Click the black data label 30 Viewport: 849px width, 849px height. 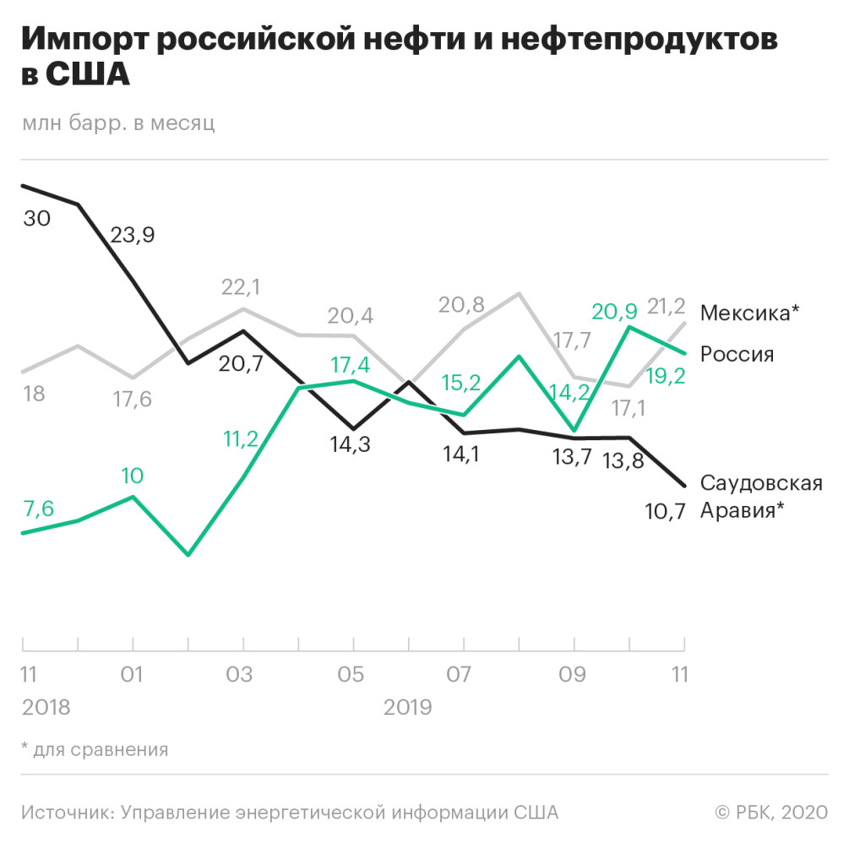tap(37, 219)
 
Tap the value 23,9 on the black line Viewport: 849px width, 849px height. tap(133, 236)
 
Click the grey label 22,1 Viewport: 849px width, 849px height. tap(241, 288)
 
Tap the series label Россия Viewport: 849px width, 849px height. tap(737, 354)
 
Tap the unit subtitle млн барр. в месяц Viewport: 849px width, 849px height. tap(118, 123)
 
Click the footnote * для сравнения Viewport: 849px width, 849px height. tap(95, 748)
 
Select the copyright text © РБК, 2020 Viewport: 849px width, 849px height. tap(770, 812)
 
